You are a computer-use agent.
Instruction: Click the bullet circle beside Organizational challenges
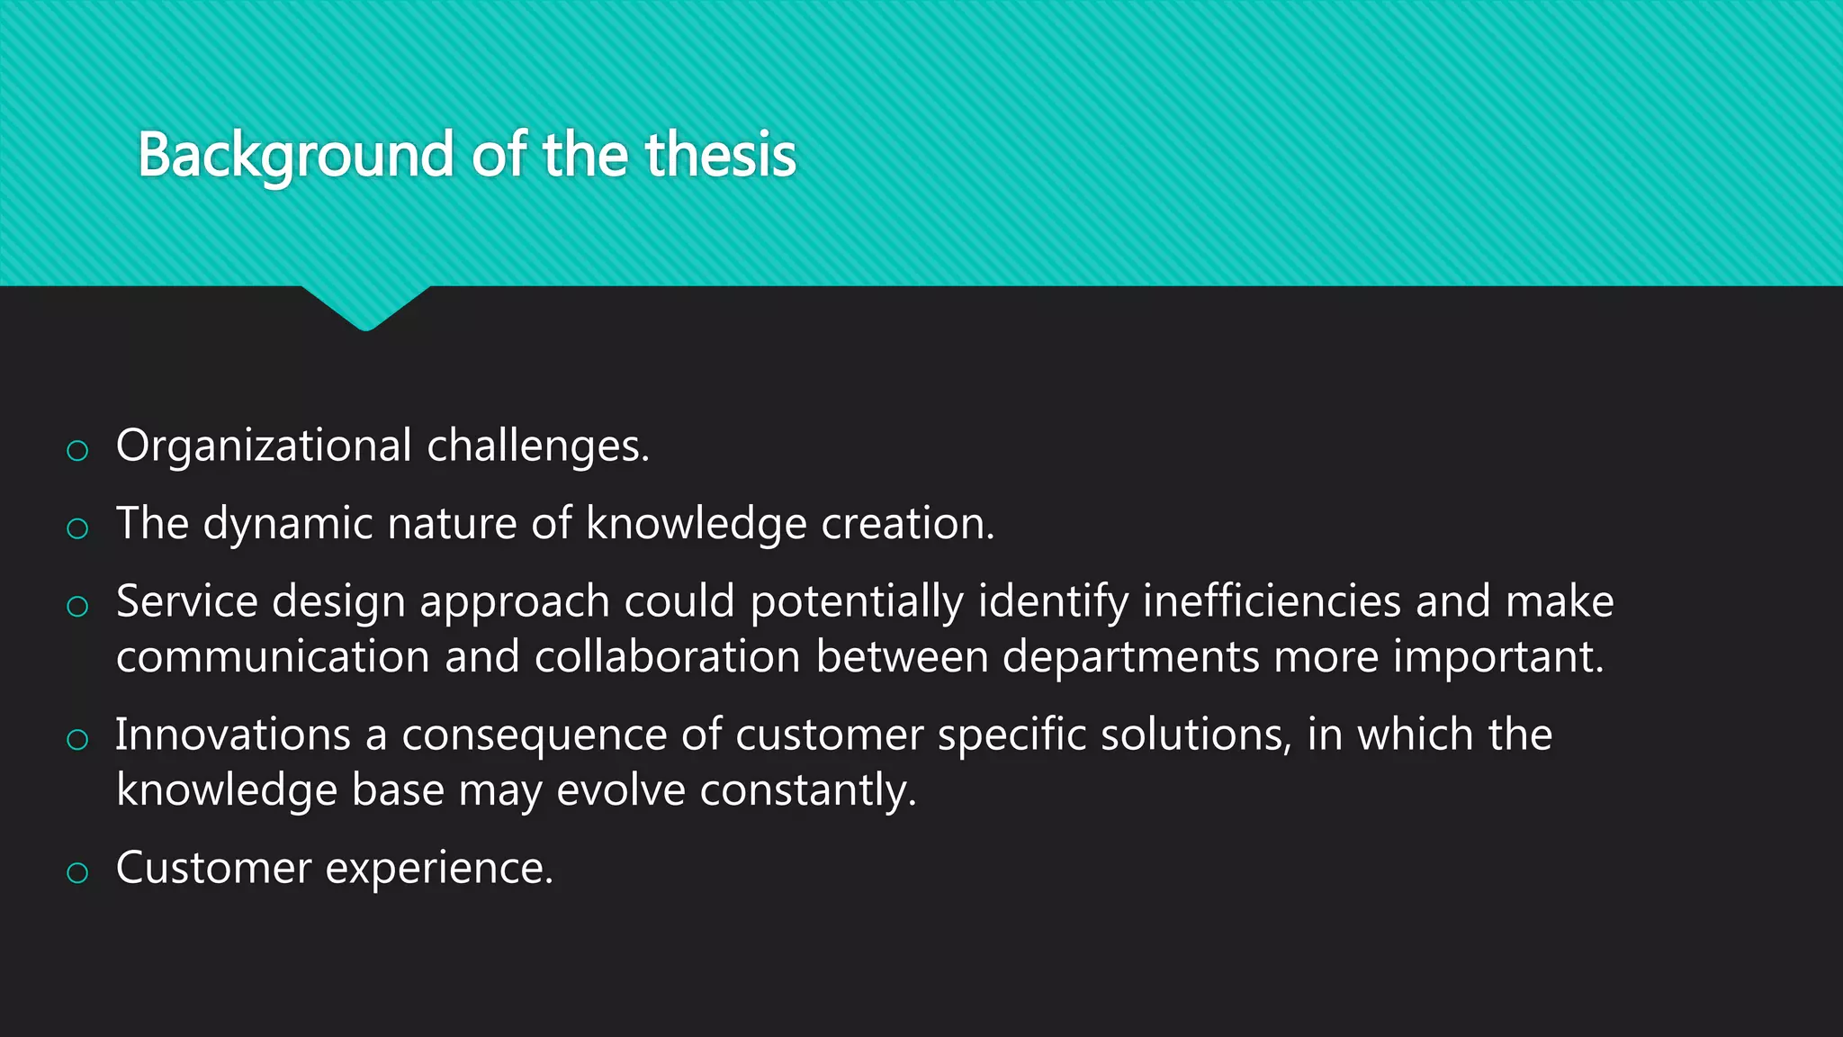(77, 450)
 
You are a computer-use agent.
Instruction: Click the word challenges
(537, 446)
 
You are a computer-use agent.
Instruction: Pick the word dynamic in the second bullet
(288, 524)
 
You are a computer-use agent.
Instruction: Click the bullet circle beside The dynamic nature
(77, 528)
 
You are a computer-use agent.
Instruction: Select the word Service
(187, 601)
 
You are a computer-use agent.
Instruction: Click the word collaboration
(667, 657)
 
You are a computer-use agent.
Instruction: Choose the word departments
(1130, 657)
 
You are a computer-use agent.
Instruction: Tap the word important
(1498, 657)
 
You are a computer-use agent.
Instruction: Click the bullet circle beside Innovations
(77, 740)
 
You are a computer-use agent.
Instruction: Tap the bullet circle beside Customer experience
(77, 872)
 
